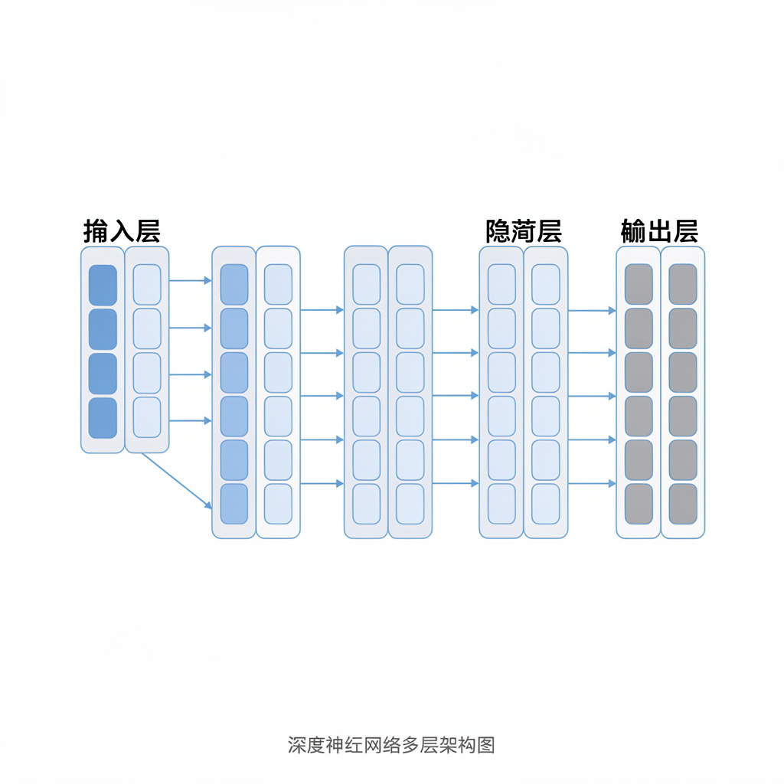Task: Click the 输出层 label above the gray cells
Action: point(659,230)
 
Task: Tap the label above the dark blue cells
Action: point(122,230)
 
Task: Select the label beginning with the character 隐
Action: point(524,230)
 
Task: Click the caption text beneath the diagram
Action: point(391,745)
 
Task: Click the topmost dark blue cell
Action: point(103,285)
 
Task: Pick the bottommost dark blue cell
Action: point(103,418)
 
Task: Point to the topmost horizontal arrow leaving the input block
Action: point(189,281)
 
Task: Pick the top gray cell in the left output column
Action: point(639,285)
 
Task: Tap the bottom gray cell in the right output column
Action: point(683,504)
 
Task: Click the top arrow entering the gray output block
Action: point(592,310)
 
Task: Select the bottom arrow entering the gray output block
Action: point(592,483)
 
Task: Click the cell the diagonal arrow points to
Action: point(234,504)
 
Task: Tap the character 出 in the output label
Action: point(659,230)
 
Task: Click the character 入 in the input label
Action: point(122,230)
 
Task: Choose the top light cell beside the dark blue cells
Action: point(147,285)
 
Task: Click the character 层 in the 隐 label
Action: point(548,230)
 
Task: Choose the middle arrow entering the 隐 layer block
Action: point(456,396)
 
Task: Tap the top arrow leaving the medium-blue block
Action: point(322,310)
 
